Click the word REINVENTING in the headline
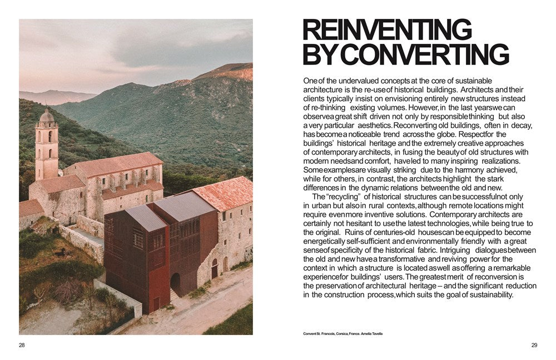[x=387, y=30]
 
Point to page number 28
[x=22, y=345]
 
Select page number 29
[x=534, y=345]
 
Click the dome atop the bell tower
[x=47, y=117]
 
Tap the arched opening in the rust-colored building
[x=176, y=283]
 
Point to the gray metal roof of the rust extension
[x=146, y=217]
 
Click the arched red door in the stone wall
[x=214, y=269]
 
